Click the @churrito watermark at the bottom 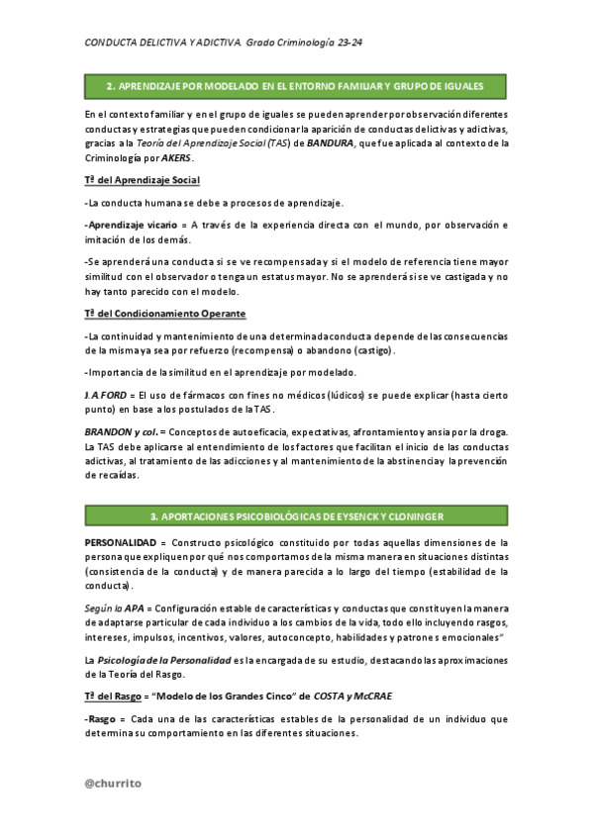113,783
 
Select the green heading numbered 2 295,87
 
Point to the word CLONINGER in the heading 415,516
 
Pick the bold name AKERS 176,158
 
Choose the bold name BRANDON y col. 120,431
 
